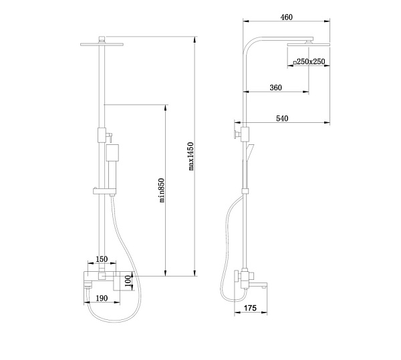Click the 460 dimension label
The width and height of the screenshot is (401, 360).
[286, 17]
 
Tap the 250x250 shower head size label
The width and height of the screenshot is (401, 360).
[311, 61]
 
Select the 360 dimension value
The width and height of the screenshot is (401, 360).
[275, 87]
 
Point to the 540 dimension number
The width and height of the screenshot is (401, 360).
[282, 118]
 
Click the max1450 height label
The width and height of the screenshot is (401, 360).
[191, 156]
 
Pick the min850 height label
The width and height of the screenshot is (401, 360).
[161, 190]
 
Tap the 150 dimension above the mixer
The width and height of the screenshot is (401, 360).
[102, 259]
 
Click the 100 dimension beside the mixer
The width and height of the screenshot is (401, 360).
[128, 281]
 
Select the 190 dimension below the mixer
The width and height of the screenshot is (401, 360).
[102, 298]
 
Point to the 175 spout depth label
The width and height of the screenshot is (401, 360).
[250, 308]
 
